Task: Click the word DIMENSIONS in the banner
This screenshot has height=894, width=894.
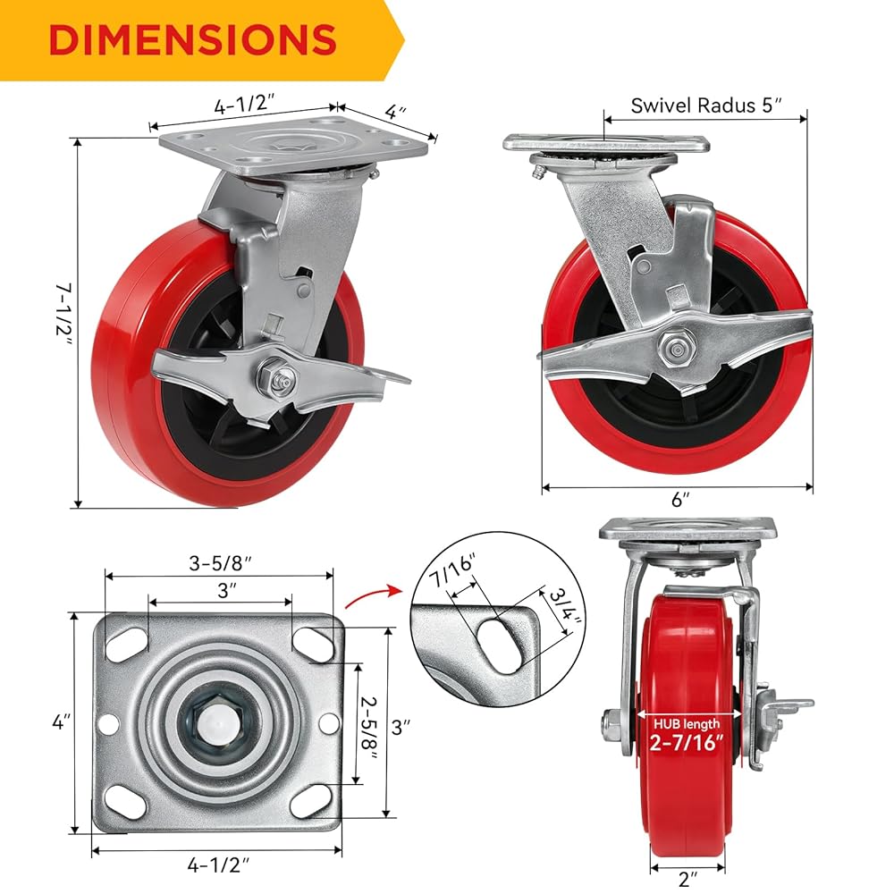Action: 192,39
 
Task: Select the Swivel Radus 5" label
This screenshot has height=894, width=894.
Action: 706,105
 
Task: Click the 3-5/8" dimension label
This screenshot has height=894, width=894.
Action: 220,562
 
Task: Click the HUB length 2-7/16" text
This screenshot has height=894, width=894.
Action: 687,735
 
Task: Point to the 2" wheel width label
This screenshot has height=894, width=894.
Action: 687,879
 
